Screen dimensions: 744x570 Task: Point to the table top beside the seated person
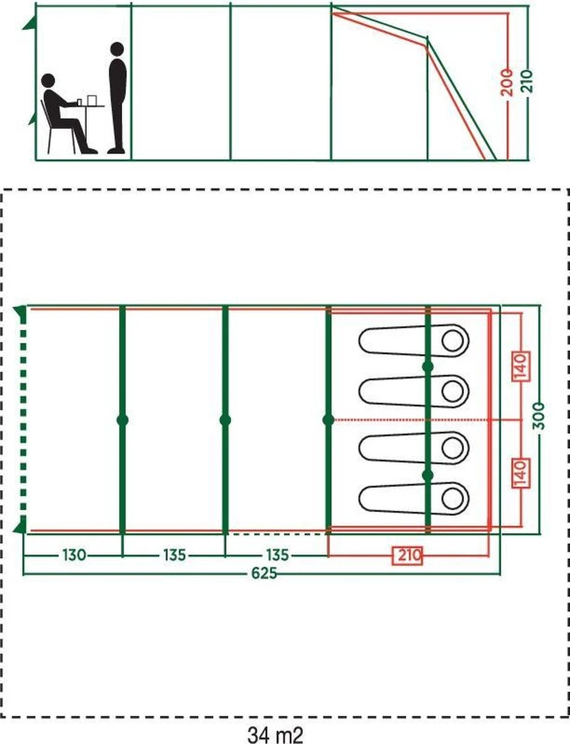click(90, 105)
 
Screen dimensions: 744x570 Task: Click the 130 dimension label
click(73, 555)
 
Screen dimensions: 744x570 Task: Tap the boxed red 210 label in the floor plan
click(407, 556)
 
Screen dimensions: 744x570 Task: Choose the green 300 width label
click(540, 420)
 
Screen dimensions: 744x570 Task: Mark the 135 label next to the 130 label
click(174, 555)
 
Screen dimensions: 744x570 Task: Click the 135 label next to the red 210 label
click(277, 555)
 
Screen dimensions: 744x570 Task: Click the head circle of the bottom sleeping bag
click(452, 497)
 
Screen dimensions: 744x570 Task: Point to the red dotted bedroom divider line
click(409, 420)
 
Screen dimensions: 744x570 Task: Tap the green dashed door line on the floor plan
click(23, 420)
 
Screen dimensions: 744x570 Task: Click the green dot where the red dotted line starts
click(328, 420)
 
